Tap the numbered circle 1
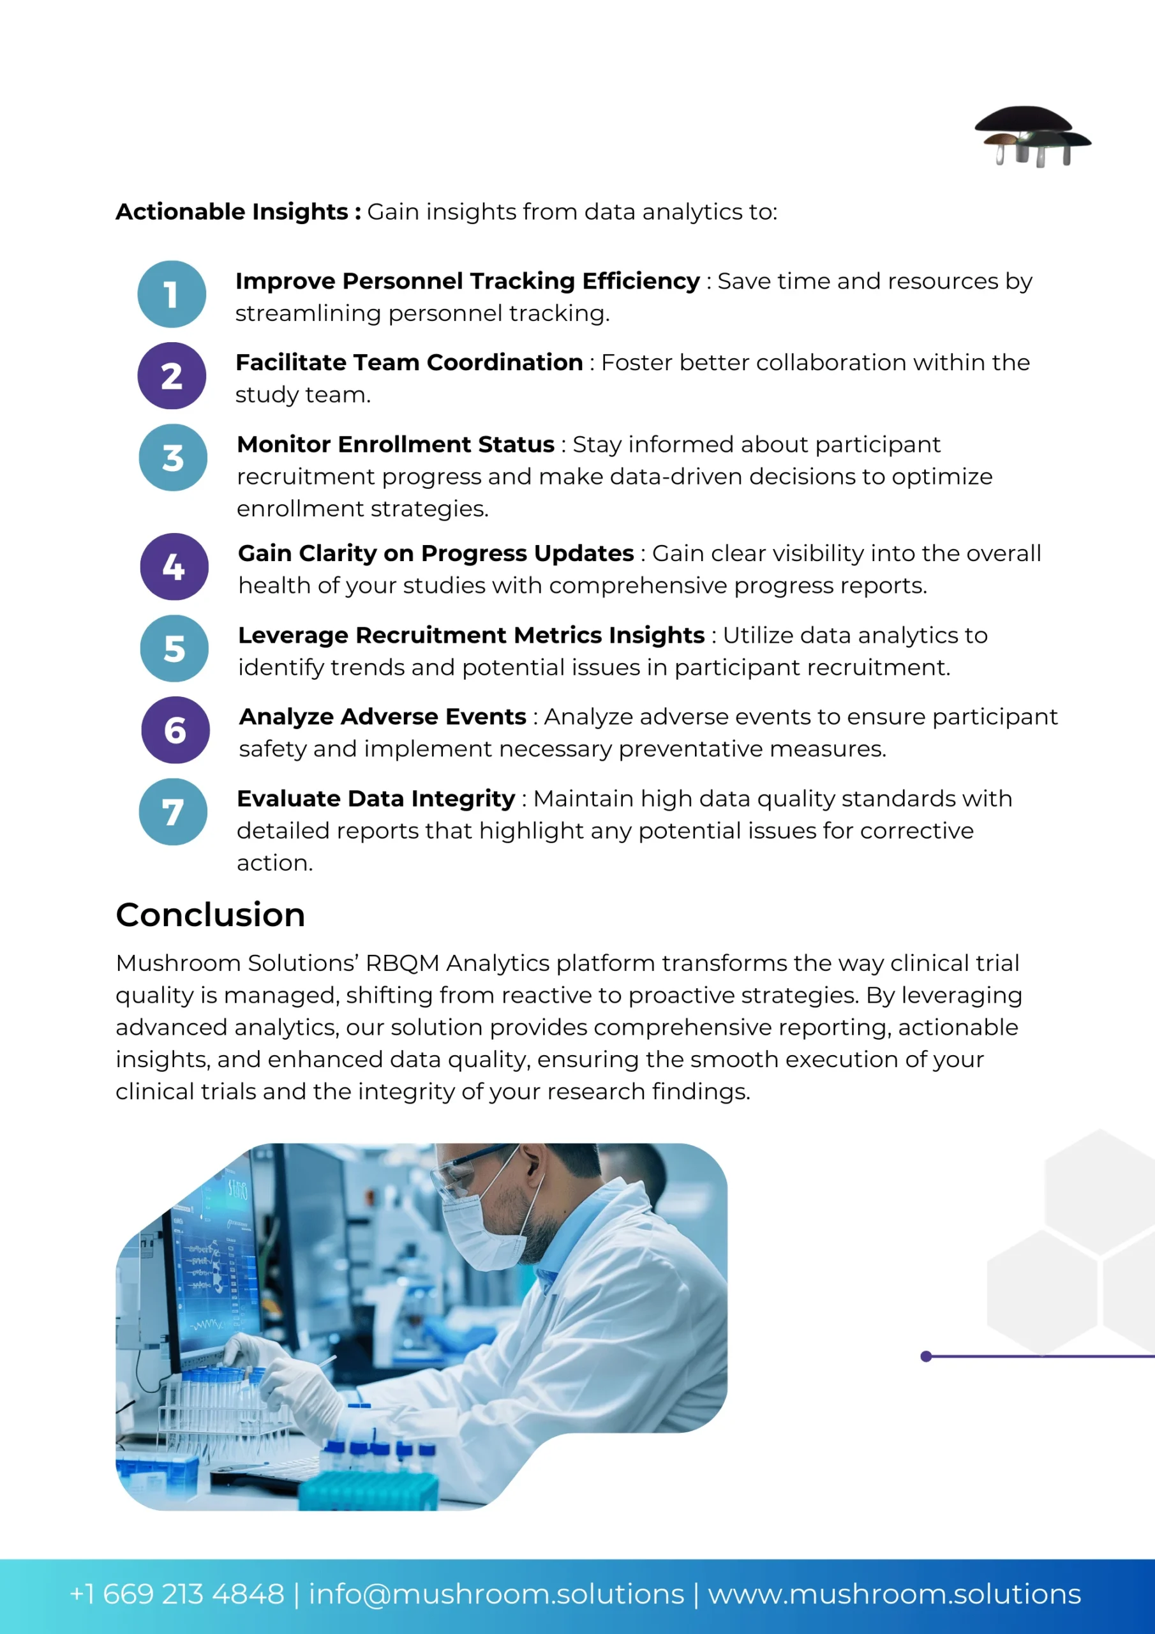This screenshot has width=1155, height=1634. pos(172,294)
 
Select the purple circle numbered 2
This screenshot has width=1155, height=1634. pos(172,376)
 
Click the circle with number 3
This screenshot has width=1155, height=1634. pos(173,458)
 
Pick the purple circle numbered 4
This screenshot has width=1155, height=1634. pos(174,567)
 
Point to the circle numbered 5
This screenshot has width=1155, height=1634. pos(174,648)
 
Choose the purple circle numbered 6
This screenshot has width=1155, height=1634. pos(175,730)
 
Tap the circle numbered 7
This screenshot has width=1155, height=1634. pos(173,812)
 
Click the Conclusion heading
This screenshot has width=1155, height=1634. pos(211,915)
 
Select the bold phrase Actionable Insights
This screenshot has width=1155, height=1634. pos(232,211)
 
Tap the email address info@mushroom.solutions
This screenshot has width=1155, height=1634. pos(496,1594)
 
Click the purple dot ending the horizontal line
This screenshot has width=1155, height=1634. pos(926,1356)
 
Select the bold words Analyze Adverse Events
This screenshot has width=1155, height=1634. pos(383,717)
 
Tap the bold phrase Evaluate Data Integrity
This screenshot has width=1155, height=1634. pos(376,799)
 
